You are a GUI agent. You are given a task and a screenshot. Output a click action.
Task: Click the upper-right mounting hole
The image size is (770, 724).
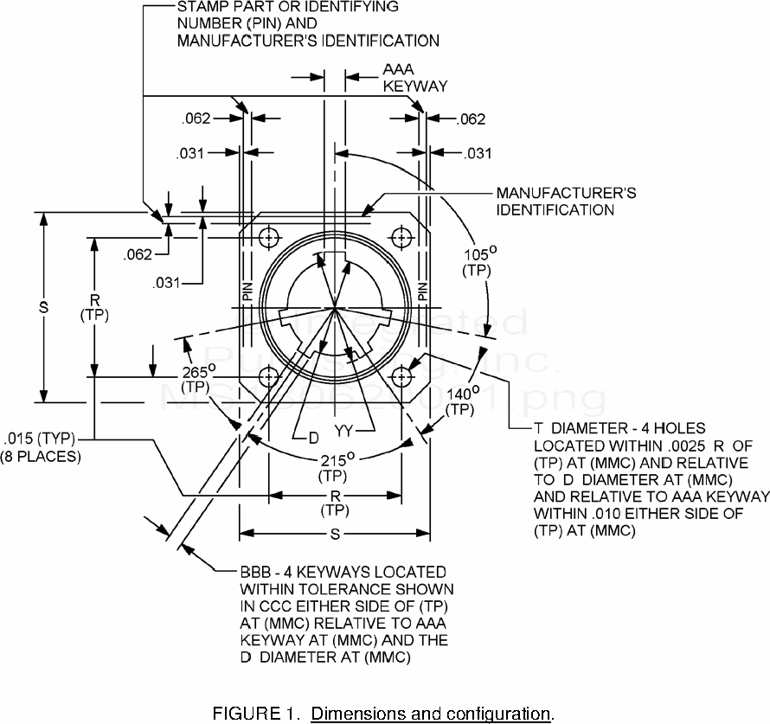pos(401,236)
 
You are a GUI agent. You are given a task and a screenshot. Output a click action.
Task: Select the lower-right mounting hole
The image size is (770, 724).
pos(401,377)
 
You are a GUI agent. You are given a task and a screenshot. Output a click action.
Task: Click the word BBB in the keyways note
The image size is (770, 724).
pos(255,573)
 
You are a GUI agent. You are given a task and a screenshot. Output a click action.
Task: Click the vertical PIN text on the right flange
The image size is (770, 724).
pos(421,292)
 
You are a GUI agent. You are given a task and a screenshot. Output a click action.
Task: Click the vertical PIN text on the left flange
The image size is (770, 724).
pos(247,292)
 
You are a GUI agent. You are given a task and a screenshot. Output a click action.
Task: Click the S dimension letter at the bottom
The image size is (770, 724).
pos(335,536)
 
